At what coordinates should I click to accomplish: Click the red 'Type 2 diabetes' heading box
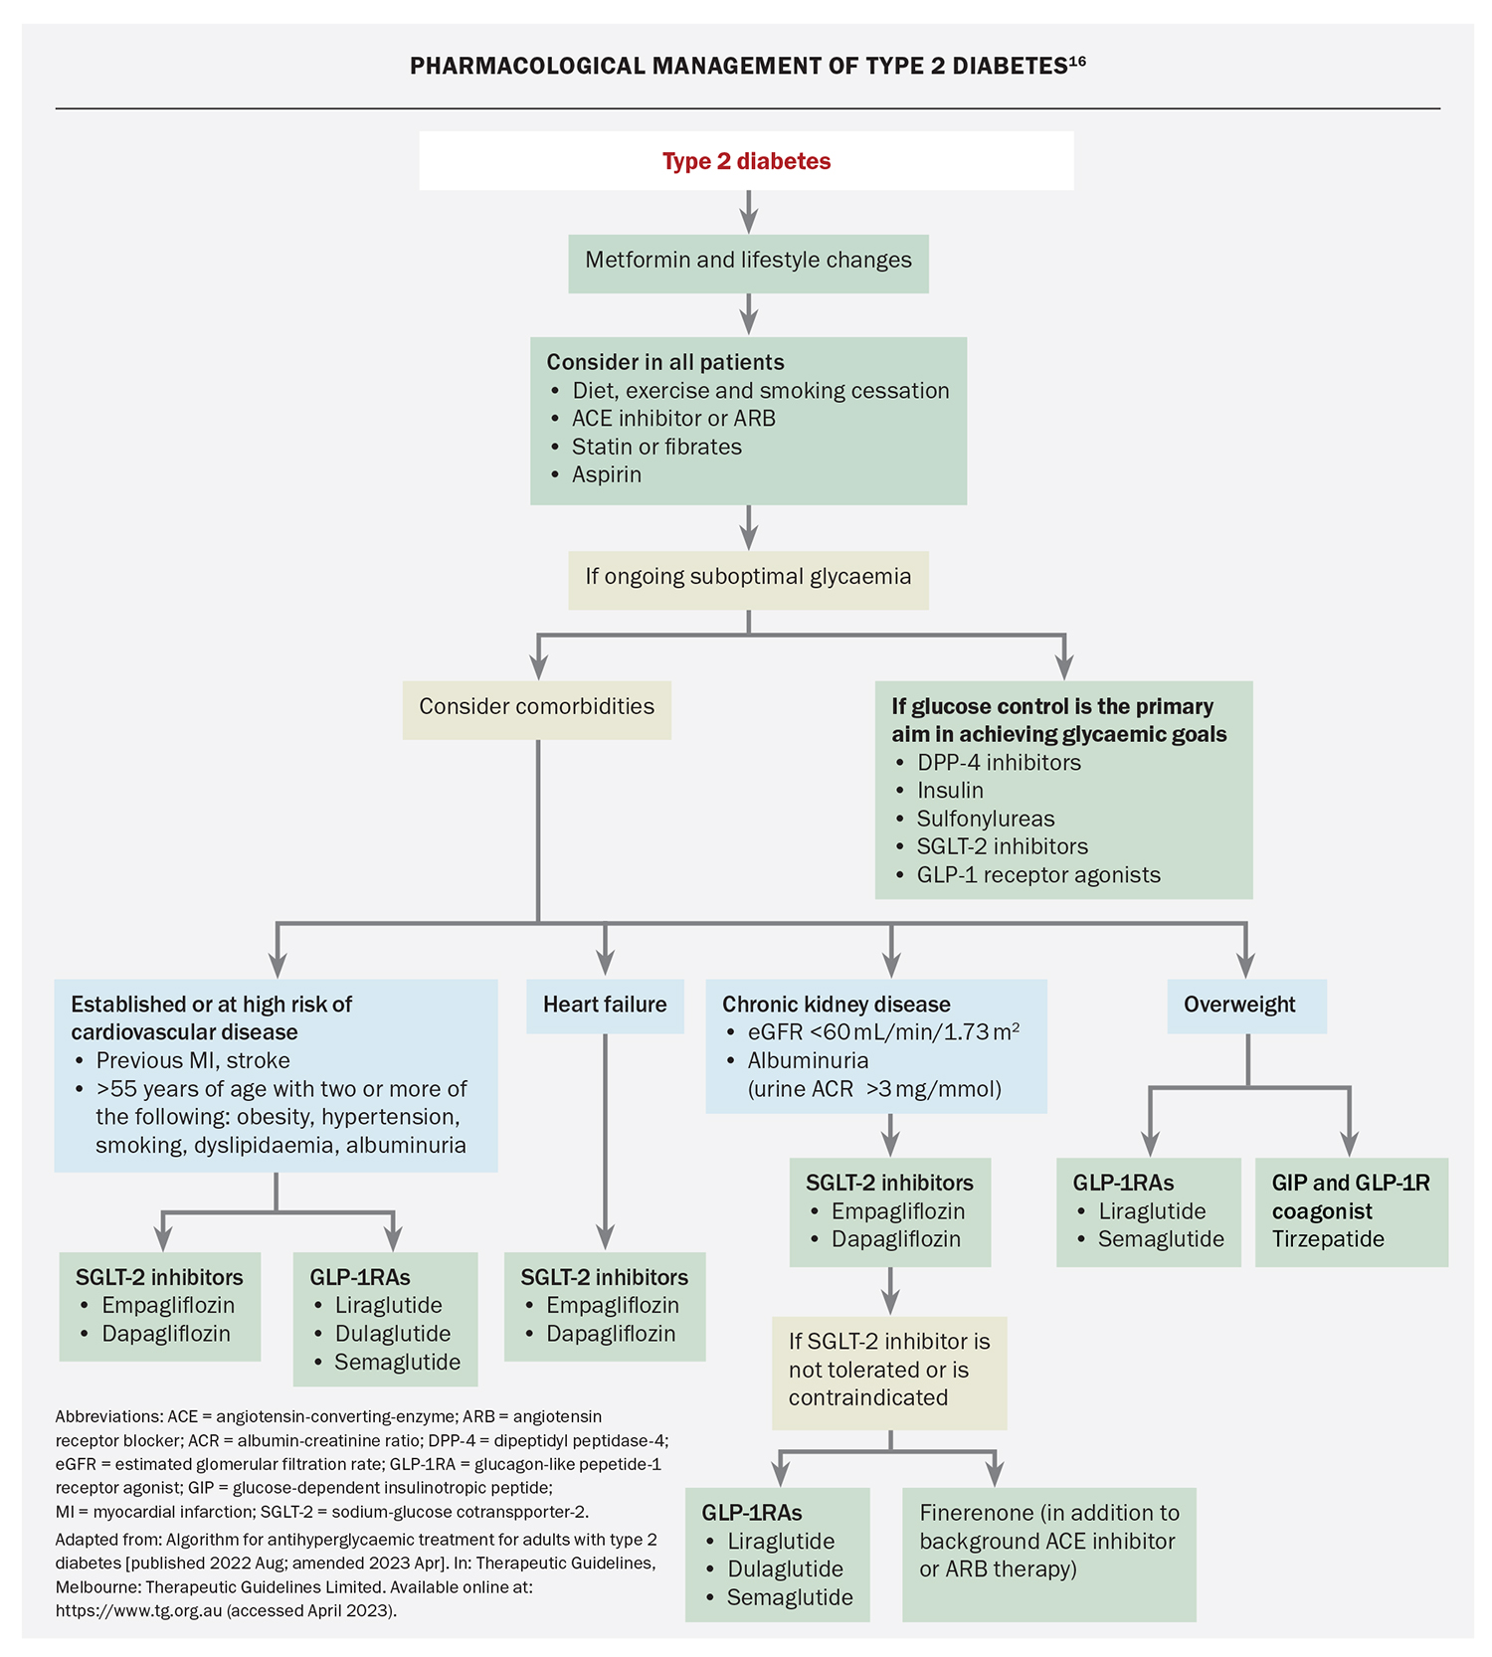click(746, 161)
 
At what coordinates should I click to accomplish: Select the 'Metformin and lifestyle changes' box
click(748, 261)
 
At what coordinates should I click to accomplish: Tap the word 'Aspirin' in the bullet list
click(607, 474)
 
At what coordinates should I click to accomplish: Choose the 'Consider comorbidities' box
click(536, 707)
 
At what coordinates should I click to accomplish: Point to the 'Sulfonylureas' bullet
click(985, 819)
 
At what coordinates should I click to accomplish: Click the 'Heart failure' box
click(605, 1005)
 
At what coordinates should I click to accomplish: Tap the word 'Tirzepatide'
click(1328, 1239)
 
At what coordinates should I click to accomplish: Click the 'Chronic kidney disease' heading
click(836, 1005)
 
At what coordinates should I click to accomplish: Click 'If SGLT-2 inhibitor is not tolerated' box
click(889, 1370)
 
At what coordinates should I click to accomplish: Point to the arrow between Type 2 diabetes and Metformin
click(749, 213)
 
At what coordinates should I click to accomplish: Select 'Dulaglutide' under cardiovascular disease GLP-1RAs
click(393, 1334)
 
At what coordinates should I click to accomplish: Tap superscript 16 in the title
click(1078, 62)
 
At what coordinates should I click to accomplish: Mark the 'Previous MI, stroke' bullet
click(193, 1060)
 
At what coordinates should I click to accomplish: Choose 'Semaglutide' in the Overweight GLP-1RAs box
click(1161, 1239)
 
